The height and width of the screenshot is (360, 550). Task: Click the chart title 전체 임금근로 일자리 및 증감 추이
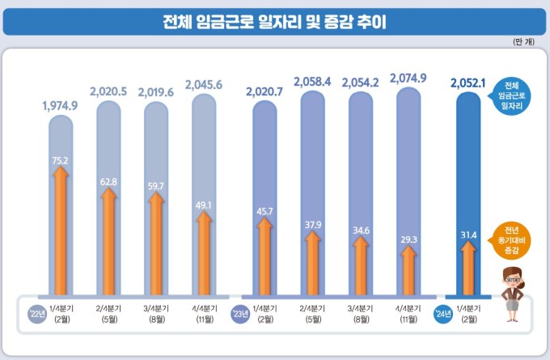[x=274, y=21]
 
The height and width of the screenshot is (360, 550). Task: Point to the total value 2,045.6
[x=205, y=84]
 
